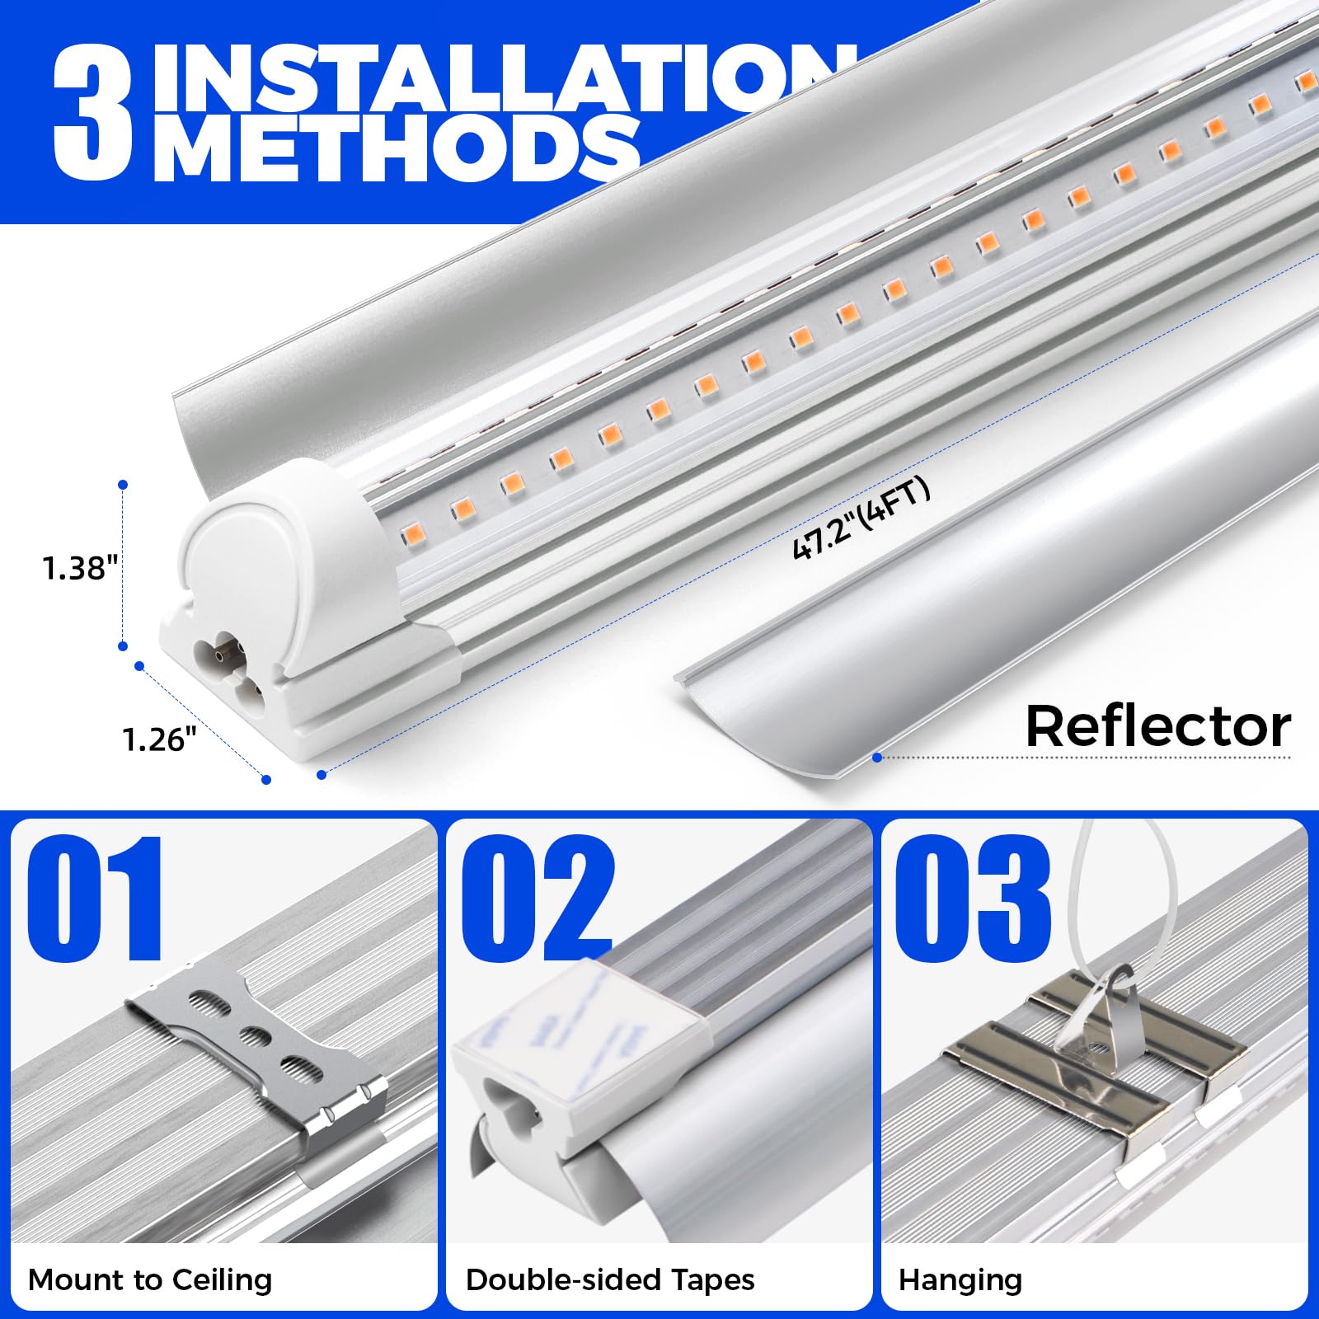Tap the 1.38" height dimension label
point(80,569)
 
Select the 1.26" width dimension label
point(160,739)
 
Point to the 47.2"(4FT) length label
point(861,519)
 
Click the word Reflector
point(1157,727)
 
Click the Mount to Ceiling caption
point(150,1280)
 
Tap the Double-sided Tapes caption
point(610,1280)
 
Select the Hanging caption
point(960,1280)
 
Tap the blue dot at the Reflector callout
point(877,757)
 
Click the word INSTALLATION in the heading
point(495,78)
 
